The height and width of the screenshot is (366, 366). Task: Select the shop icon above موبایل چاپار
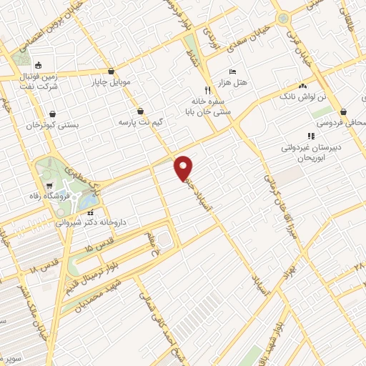click(x=112, y=71)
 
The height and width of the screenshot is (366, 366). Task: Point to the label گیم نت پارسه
click(x=142, y=123)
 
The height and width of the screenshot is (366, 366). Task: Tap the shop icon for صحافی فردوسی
click(x=345, y=112)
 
